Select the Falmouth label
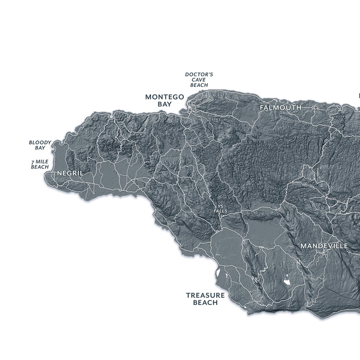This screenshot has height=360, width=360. [280, 107]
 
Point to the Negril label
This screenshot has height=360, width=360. [70, 173]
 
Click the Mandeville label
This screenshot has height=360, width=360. [324, 246]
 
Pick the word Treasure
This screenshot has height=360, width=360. [205, 295]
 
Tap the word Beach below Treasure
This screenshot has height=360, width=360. [205, 303]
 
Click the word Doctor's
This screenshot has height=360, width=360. [199, 75]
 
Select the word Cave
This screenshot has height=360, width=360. [199, 80]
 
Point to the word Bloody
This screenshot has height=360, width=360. [40, 142]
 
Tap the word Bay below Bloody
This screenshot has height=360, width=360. [40, 148]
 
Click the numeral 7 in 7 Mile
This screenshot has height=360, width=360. [32, 162]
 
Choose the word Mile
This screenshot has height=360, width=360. [42, 162]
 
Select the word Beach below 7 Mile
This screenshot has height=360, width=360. [40, 167]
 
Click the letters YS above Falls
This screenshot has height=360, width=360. [221, 207]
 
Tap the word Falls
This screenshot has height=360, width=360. [221, 211]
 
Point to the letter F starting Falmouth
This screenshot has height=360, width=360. [262, 107]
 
